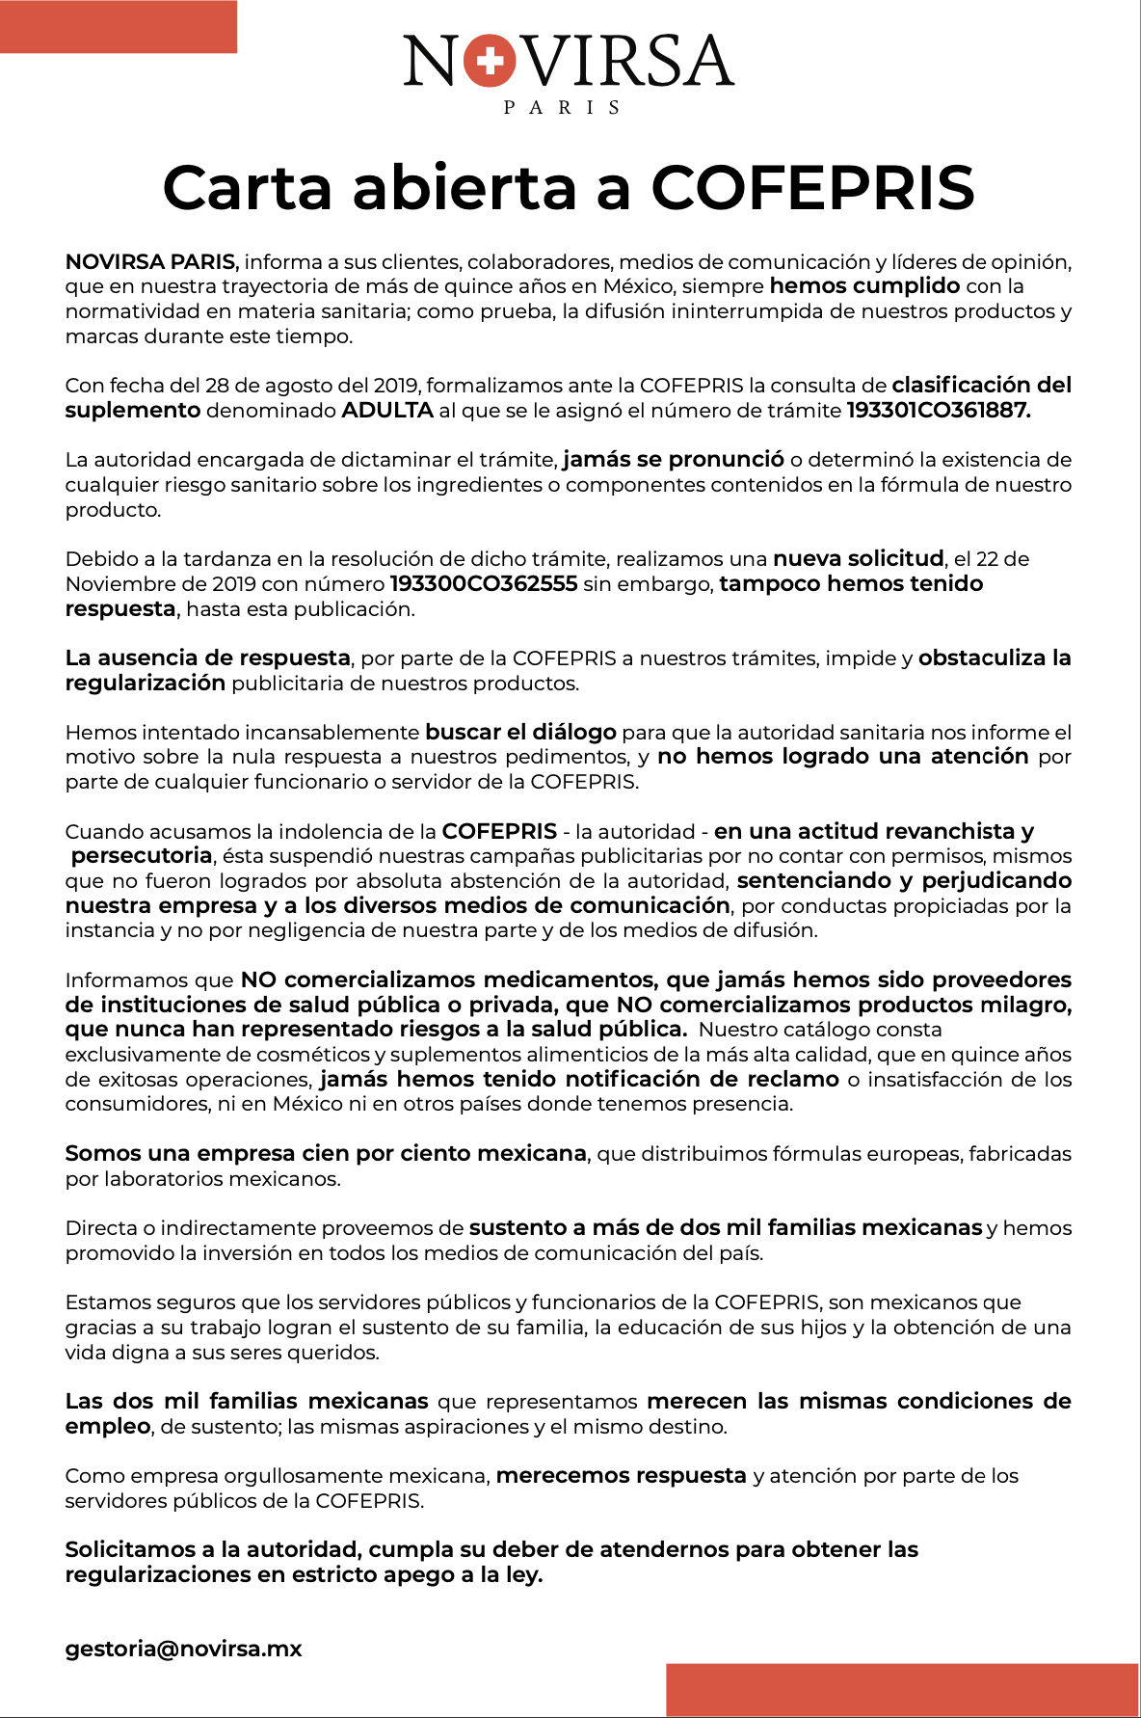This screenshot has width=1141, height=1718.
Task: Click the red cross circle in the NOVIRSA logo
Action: [490, 62]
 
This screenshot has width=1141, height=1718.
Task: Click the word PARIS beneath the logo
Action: [562, 108]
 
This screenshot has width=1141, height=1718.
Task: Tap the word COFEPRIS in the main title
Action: [812, 187]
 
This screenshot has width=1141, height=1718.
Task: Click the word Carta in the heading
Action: [247, 187]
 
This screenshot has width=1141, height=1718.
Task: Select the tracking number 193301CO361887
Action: [938, 411]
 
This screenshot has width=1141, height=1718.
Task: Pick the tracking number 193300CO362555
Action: [483, 584]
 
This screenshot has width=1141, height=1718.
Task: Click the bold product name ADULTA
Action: [386, 411]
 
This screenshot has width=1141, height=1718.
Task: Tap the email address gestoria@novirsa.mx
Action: [183, 1649]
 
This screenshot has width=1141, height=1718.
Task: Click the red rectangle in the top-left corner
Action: [118, 27]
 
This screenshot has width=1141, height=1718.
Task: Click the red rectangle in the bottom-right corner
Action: [902, 1689]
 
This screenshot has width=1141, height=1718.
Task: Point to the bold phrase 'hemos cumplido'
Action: [864, 286]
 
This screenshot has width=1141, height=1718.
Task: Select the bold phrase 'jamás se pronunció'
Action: [674, 460]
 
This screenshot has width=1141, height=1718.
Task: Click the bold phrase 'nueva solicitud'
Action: [858, 559]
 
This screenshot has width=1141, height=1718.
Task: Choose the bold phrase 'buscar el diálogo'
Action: [520, 733]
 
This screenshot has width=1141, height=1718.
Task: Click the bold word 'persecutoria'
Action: [142, 856]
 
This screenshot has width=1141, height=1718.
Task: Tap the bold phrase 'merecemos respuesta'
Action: [621, 1476]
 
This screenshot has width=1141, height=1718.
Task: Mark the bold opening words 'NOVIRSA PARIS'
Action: [150, 262]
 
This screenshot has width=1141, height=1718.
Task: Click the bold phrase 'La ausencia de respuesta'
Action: [207, 658]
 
